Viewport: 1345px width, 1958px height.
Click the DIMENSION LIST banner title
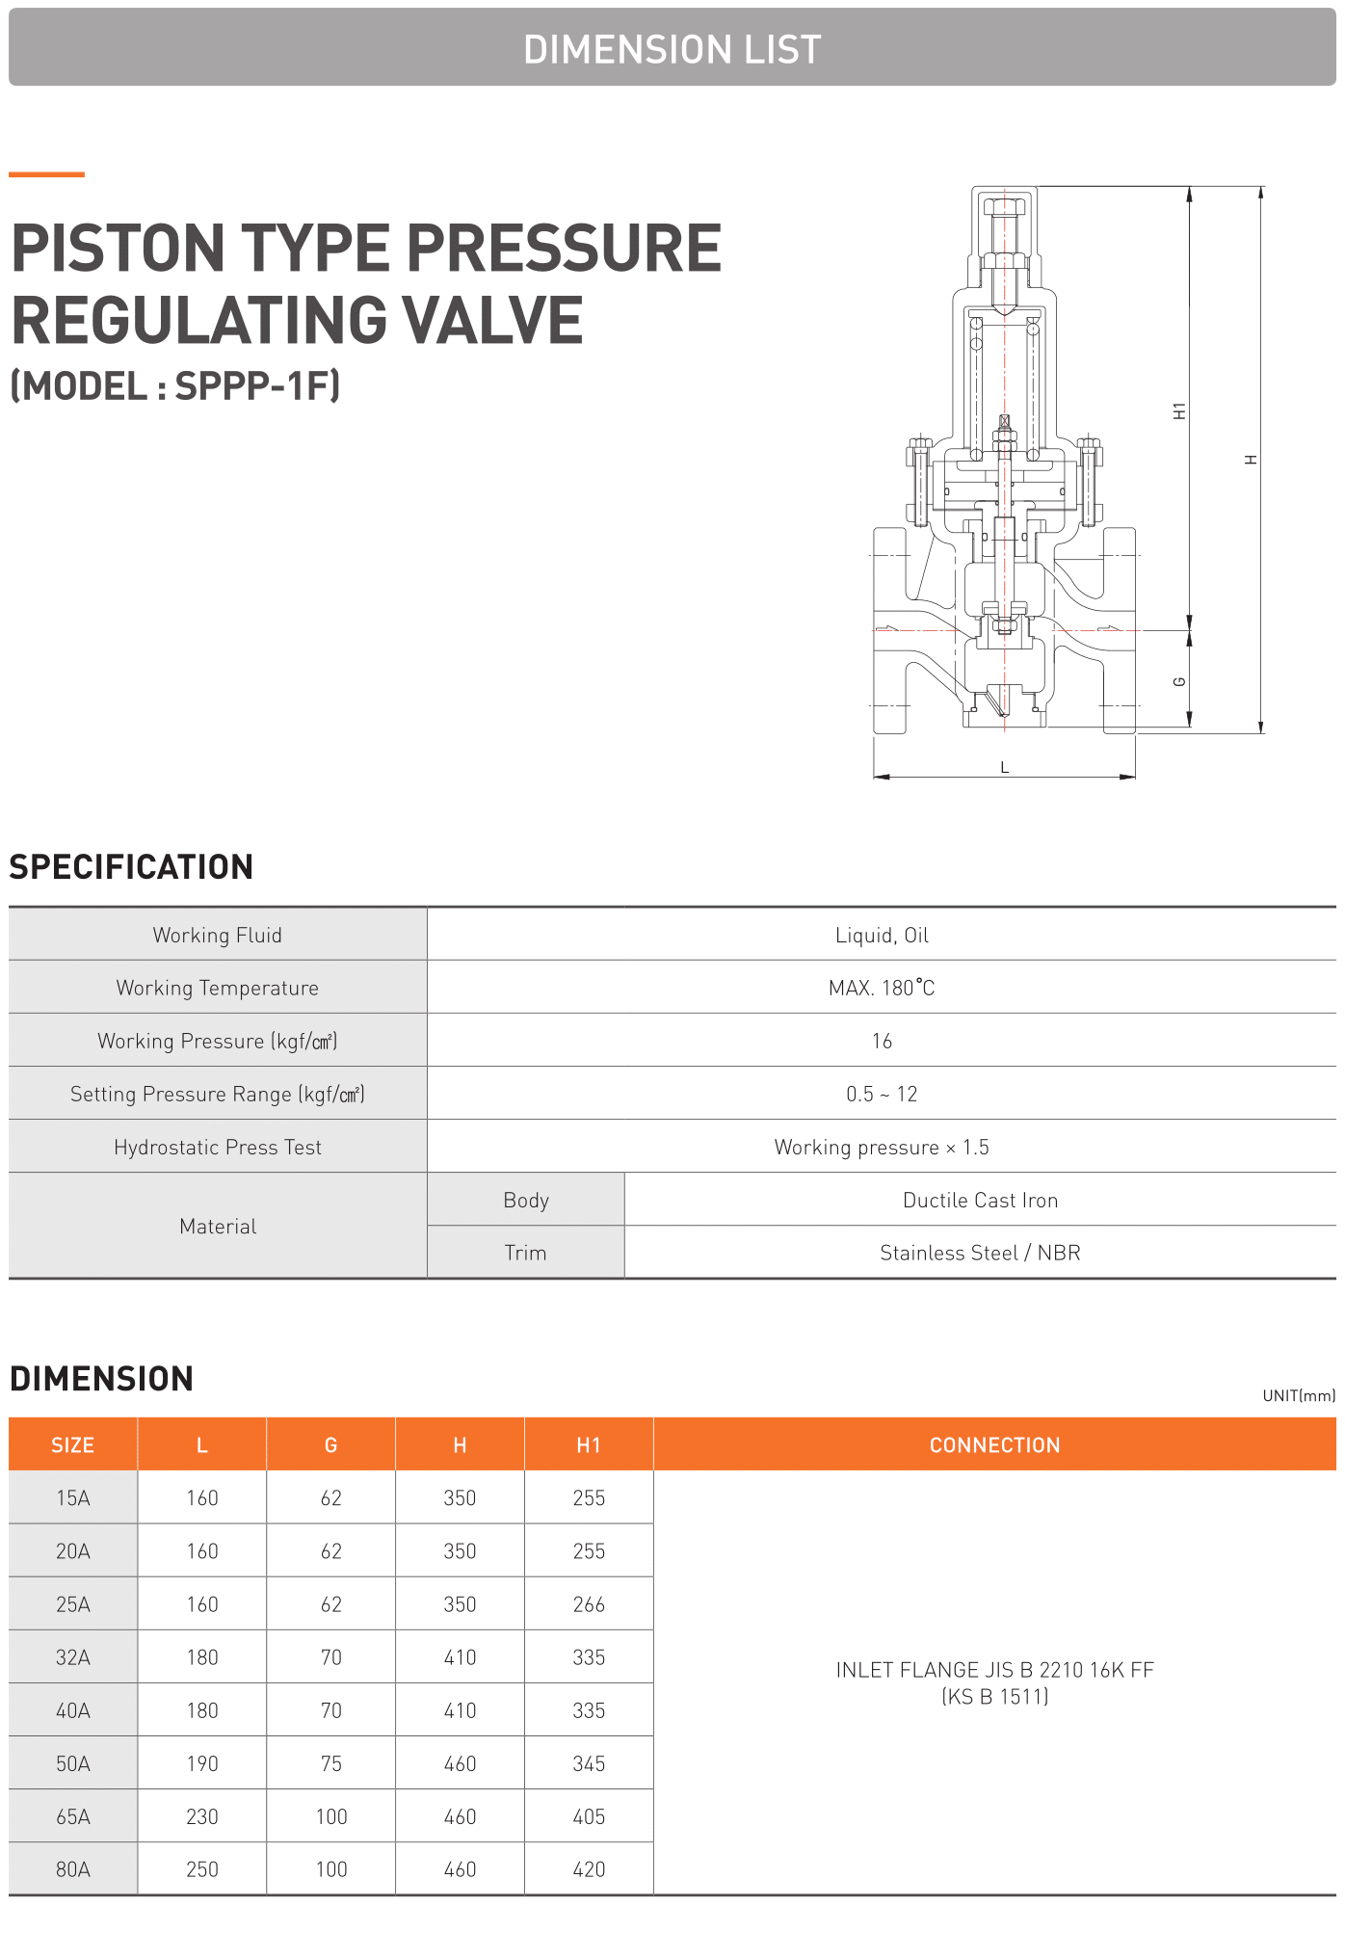[x=672, y=49]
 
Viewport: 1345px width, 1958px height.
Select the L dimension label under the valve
[x=1004, y=767]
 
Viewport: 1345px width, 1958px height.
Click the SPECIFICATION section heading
[x=131, y=867]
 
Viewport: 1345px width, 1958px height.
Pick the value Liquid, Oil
[x=882, y=935]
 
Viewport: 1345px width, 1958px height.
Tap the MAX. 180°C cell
[x=882, y=988]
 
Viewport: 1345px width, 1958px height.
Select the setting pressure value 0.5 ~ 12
[x=882, y=1094]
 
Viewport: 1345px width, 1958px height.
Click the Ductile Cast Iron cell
[x=980, y=1200]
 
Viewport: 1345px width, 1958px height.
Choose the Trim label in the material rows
[x=525, y=1253]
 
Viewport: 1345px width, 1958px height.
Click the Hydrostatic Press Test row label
[x=218, y=1147]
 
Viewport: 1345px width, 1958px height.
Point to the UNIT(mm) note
[x=1299, y=1395]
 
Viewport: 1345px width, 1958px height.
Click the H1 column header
[x=589, y=1444]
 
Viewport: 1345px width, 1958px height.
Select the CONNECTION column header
[x=994, y=1444]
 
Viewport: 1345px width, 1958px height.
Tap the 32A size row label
[x=73, y=1657]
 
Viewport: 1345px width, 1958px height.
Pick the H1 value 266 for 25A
[x=589, y=1604]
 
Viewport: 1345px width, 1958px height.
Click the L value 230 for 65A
[x=202, y=1816]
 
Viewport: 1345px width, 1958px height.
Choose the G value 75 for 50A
[x=331, y=1763]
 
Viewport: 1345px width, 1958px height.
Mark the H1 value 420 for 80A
[x=589, y=1869]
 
